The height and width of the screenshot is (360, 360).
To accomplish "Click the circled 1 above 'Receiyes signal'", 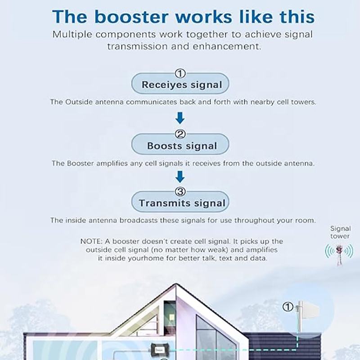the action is point(180,73).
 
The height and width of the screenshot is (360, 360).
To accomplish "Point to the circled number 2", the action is point(180,134).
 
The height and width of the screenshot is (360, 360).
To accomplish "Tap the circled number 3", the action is point(180,191).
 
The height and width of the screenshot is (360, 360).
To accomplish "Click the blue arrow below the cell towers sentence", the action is point(180,118).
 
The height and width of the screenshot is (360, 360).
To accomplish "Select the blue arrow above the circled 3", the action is point(180,176).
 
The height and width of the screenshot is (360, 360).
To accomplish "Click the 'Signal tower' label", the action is point(340,232).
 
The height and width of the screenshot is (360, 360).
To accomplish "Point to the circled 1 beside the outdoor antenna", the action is point(288,307).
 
